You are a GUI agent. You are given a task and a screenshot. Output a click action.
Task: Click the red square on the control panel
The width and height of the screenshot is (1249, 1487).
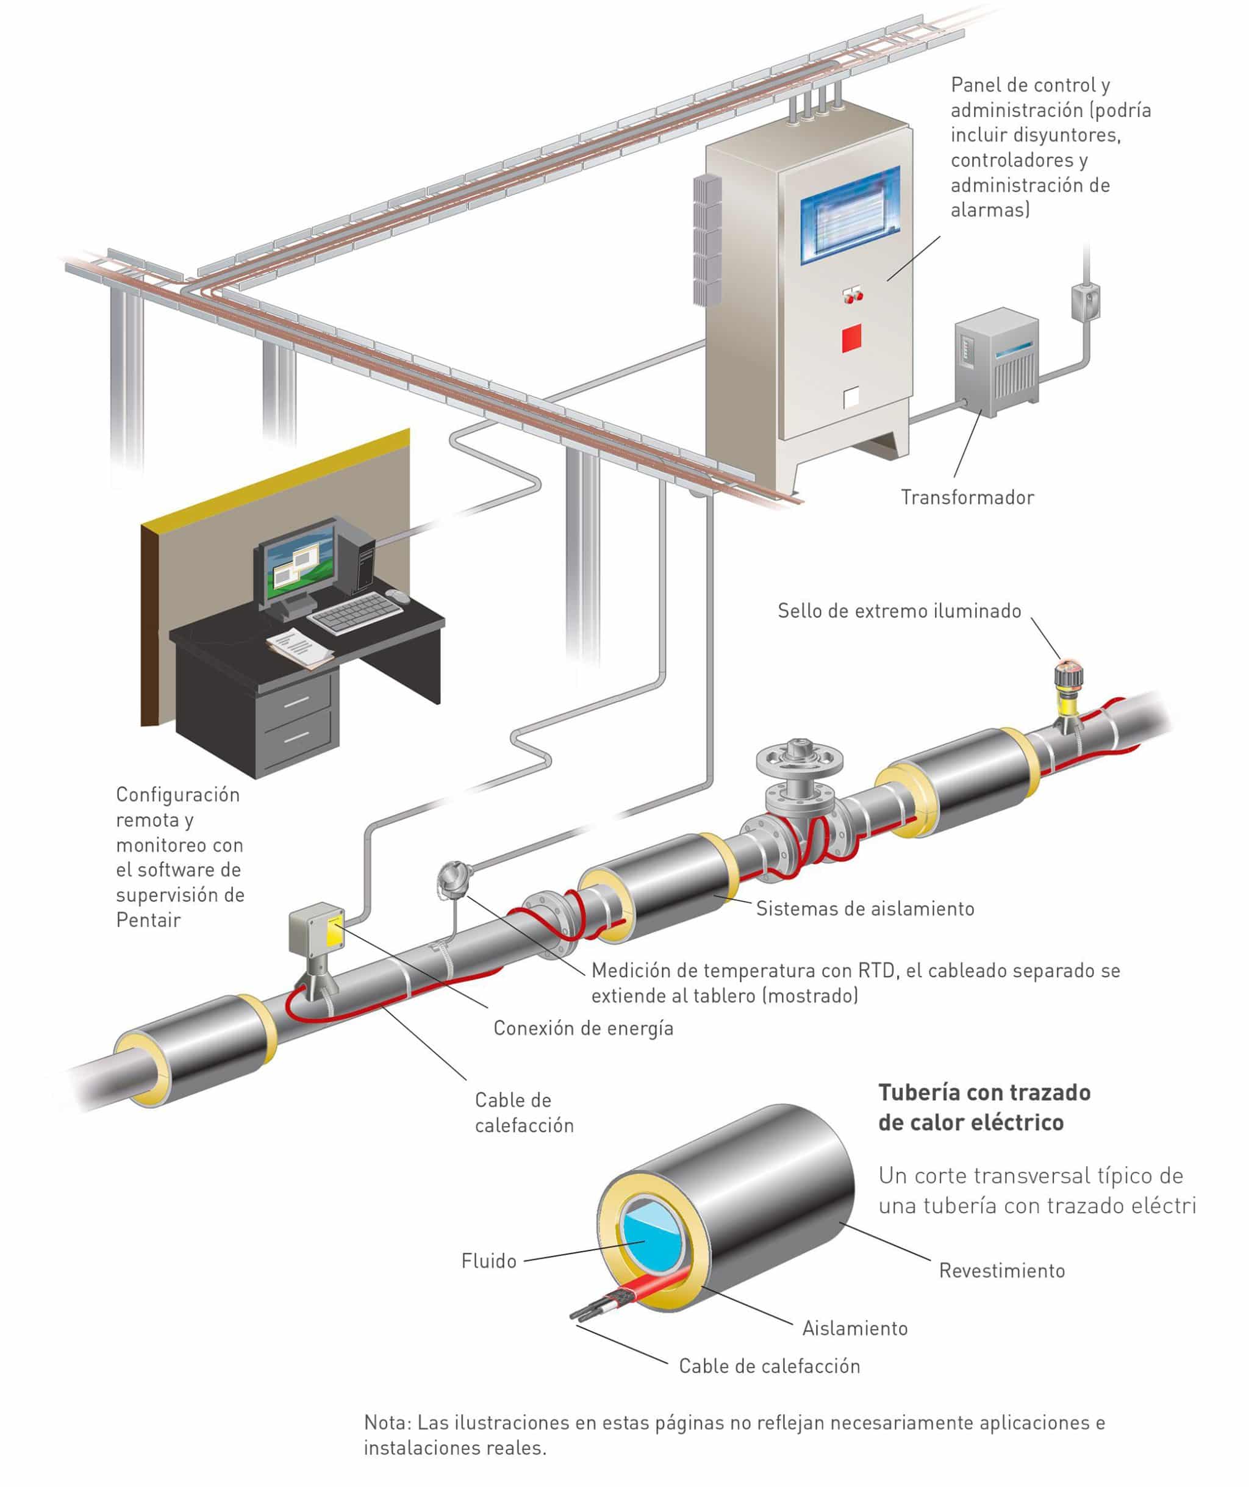[x=852, y=339]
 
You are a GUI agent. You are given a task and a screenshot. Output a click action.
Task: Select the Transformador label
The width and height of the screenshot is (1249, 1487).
[x=967, y=497]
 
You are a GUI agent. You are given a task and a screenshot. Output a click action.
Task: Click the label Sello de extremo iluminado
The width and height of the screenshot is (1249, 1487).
[x=899, y=611]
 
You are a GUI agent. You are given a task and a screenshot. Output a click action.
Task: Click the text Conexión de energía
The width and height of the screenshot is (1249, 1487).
[x=583, y=1028]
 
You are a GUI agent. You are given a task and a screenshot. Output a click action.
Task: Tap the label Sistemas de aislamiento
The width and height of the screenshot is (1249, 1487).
[x=865, y=909]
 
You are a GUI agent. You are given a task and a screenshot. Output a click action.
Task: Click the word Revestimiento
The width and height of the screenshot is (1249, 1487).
[x=1001, y=1270]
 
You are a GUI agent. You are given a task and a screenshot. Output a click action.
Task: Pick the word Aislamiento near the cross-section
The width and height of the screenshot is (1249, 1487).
[x=854, y=1328]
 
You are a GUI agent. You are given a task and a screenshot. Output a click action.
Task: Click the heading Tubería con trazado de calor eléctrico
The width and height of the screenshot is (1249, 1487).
[x=984, y=1107]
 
